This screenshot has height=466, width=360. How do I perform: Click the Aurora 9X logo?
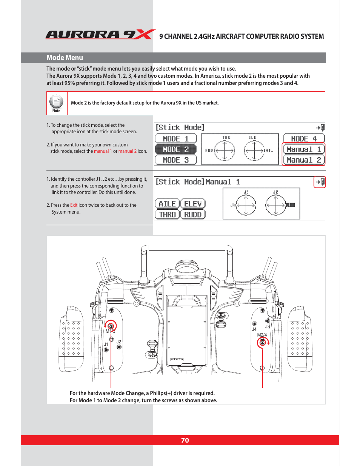(100, 35)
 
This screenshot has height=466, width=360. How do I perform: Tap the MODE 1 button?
(176, 139)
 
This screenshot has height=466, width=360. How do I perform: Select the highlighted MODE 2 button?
(176, 149)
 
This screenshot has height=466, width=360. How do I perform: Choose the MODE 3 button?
(176, 160)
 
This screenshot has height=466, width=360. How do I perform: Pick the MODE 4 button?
(304, 139)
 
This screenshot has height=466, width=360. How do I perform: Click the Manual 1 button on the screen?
(304, 149)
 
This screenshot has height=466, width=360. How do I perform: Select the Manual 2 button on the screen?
(304, 160)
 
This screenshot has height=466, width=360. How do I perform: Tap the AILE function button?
(167, 204)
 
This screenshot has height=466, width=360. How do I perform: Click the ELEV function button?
(193, 204)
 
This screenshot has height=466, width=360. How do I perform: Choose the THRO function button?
(167, 215)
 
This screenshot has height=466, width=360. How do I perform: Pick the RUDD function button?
(193, 215)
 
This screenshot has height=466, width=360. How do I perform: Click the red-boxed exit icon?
(320, 182)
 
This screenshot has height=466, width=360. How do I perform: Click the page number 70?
(185, 440)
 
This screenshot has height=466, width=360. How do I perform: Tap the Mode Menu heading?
(65, 58)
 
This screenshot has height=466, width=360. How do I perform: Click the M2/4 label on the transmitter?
(262, 335)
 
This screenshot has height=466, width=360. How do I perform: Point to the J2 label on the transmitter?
(119, 342)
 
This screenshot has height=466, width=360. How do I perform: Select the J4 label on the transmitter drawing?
(254, 329)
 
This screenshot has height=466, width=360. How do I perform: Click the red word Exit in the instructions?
(74, 205)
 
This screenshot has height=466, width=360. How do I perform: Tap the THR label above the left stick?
(226, 138)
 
